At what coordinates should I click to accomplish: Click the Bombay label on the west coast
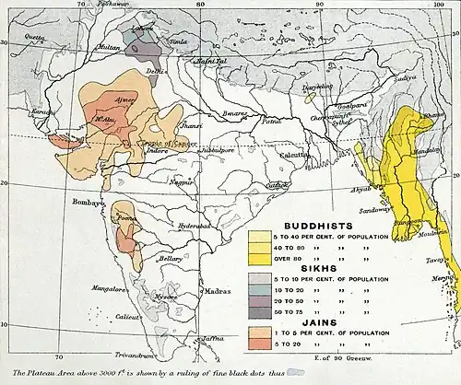89,200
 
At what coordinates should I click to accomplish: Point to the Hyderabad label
195,225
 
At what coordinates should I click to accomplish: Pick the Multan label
83,45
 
